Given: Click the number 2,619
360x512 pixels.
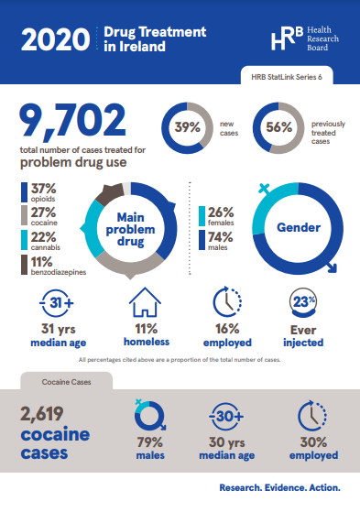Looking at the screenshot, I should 51,412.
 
